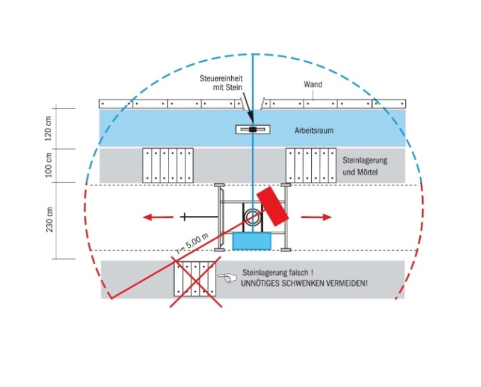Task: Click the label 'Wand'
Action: click(x=314, y=85)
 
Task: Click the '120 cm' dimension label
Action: click(x=49, y=128)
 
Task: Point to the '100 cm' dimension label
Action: click(x=49, y=166)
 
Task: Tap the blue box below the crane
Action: click(x=252, y=241)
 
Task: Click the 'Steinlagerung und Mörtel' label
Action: click(x=364, y=166)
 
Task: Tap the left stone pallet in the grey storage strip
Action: click(x=168, y=166)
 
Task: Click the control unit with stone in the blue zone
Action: click(x=253, y=129)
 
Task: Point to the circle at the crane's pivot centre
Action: click(x=251, y=215)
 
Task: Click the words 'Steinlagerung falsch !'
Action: click(x=278, y=272)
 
